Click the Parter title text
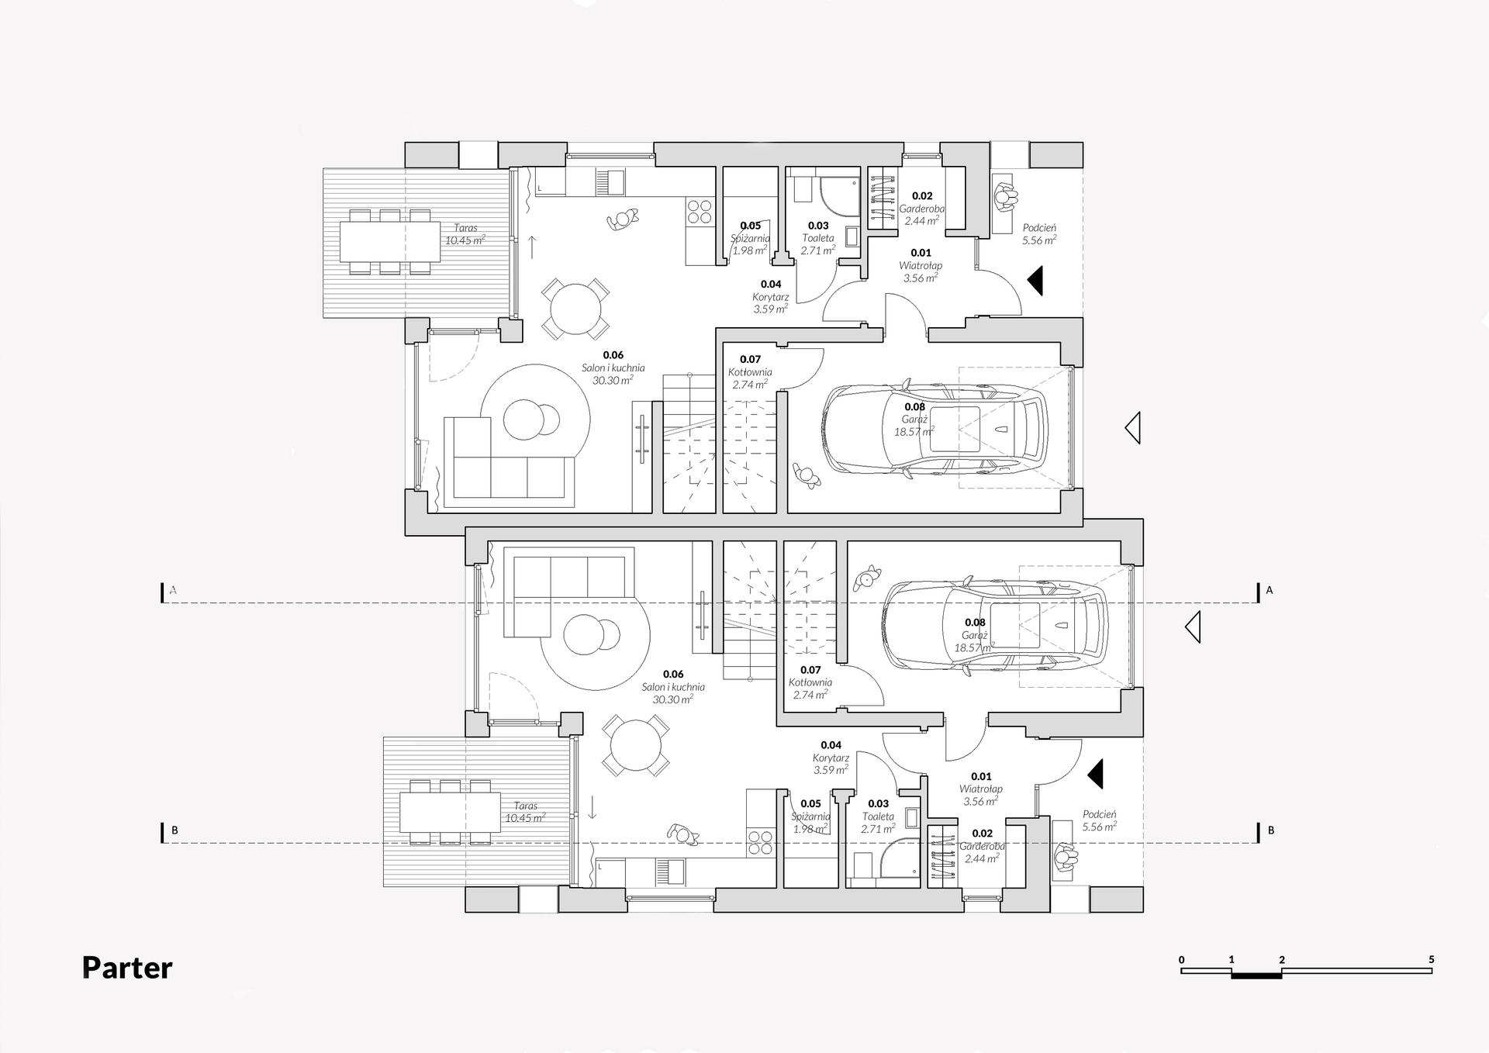(x=127, y=968)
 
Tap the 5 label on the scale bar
(x=1431, y=959)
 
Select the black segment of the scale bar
(x=1256, y=975)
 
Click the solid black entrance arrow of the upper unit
(x=1036, y=281)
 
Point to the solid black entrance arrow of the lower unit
(x=1096, y=774)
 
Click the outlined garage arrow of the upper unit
(x=1133, y=428)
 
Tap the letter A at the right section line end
(x=1269, y=590)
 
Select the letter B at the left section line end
(x=174, y=830)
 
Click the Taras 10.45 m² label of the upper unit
(x=465, y=234)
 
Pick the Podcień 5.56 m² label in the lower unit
(x=1100, y=820)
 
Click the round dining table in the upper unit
(x=575, y=309)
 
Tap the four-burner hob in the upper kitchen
(x=699, y=212)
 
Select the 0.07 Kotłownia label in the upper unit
(x=750, y=371)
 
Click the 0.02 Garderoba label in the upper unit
(x=921, y=208)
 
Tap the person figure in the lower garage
(x=866, y=578)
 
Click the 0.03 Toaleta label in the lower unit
(x=878, y=817)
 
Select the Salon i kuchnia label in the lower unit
(x=672, y=687)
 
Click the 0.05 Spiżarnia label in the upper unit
(x=750, y=238)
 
